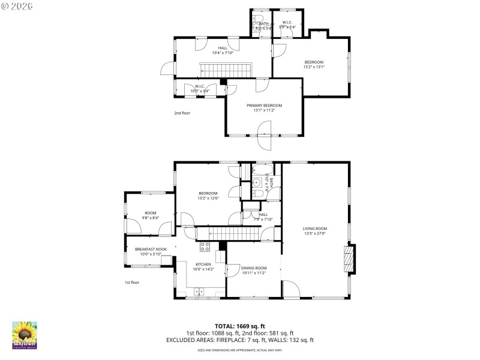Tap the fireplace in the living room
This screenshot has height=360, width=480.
[x=347, y=259]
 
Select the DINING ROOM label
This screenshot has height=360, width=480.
[x=253, y=268]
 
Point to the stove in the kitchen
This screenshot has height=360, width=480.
[x=204, y=245]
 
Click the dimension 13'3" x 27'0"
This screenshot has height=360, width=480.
[x=314, y=233]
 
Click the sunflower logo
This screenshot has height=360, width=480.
[x=25, y=335]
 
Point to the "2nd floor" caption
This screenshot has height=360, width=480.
[x=182, y=113]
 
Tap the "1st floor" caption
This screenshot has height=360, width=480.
[x=131, y=282]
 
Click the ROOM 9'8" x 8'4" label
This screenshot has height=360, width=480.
[x=149, y=215]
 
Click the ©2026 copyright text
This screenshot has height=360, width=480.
[x=17, y=5]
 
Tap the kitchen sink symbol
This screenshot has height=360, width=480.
[x=199, y=292]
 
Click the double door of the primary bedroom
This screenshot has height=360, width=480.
[x=264, y=136]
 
